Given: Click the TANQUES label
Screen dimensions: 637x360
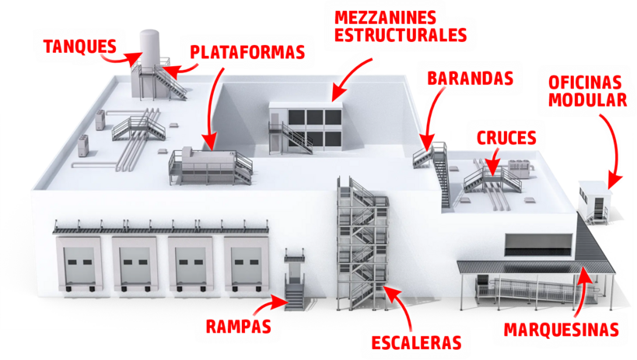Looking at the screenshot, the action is click(x=80, y=47).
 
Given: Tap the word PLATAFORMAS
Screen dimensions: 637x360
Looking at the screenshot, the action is click(x=247, y=52).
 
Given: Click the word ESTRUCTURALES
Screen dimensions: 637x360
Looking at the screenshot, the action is click(x=401, y=35).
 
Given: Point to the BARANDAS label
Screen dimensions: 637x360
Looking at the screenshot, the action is click(x=471, y=79).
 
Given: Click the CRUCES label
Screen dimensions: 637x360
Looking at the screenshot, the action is click(x=506, y=138).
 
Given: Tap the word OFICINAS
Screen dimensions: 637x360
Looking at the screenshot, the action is click(x=585, y=83).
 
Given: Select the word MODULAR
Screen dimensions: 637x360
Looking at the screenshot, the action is click(x=587, y=100).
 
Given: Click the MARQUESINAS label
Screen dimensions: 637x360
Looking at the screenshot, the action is click(x=562, y=330).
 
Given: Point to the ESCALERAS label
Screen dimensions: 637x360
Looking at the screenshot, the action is click(x=416, y=343).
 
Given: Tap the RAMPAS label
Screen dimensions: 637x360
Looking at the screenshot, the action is click(x=239, y=327).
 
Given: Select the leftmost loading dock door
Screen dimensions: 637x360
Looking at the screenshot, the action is click(x=79, y=265).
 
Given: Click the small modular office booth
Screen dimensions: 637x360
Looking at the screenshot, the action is click(x=595, y=202).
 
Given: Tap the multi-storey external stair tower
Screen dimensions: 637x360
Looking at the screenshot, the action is click(x=362, y=244).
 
